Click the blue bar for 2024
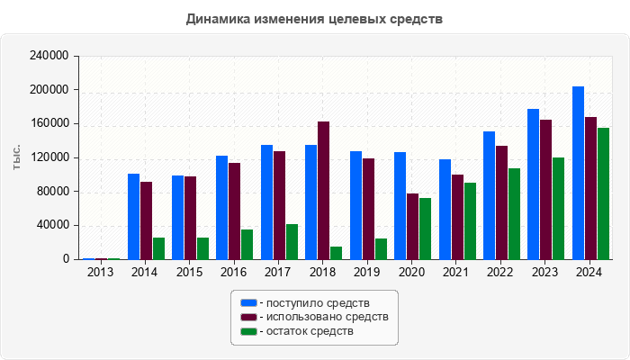(578, 173)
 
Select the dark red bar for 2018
(323, 191)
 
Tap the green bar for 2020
(425, 229)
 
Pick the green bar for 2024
(603, 193)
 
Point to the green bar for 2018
(336, 253)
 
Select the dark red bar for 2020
(412, 226)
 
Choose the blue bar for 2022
(489, 195)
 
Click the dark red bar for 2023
(545, 189)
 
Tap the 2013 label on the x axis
(101, 273)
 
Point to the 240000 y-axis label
(50, 56)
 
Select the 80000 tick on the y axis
(53, 192)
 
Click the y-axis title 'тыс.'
(16, 157)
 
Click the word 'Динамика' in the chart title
(219, 19)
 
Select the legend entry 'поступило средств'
(315, 302)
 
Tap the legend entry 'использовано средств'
(324, 317)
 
